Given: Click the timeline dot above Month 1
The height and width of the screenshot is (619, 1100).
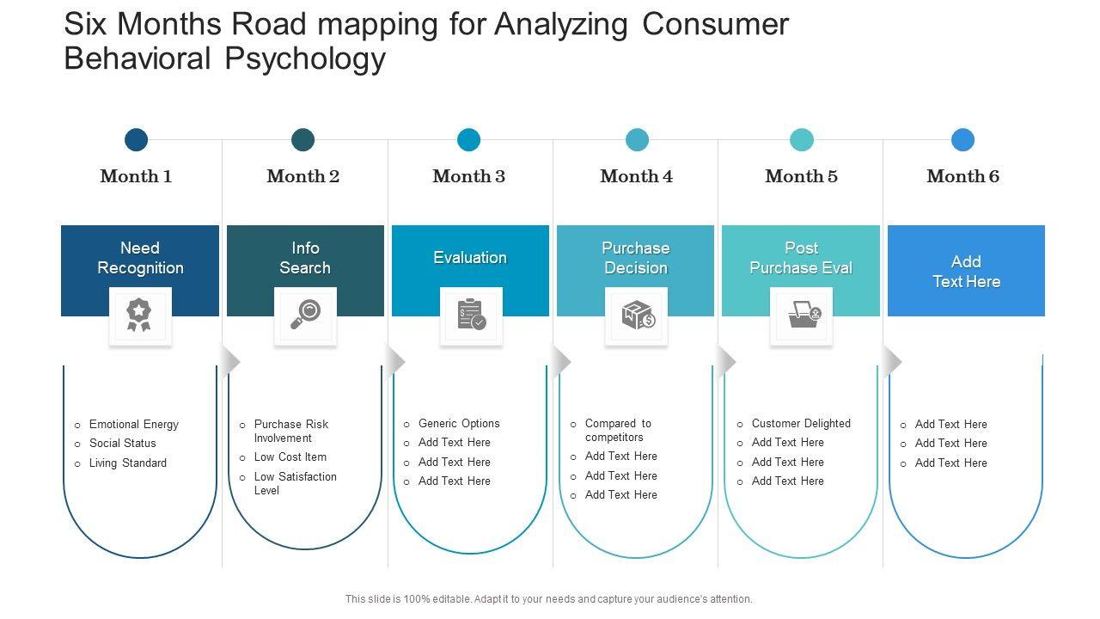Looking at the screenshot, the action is point(136,139).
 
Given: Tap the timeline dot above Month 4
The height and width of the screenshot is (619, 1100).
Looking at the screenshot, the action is point(637,139).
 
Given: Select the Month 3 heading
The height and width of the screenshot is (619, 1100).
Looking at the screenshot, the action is point(468,176).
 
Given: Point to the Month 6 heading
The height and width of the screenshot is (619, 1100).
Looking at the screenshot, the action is point(962,176).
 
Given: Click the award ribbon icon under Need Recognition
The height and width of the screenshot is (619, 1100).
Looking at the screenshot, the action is point(139,315).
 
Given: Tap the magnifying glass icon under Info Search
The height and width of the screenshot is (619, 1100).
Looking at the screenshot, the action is point(305,314).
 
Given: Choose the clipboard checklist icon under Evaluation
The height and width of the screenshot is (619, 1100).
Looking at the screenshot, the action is point(472,314).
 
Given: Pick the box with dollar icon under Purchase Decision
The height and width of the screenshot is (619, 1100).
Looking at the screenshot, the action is point(638,315).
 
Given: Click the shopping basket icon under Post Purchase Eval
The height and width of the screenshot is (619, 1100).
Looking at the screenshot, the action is point(804,315).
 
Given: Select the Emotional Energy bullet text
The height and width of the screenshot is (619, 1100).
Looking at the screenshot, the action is point(133,424).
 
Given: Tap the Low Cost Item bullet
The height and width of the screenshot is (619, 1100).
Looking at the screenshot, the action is point(290,457).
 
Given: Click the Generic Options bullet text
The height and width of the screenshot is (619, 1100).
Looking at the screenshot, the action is point(459,424).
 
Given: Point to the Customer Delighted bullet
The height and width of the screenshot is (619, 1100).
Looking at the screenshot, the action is point(801,424).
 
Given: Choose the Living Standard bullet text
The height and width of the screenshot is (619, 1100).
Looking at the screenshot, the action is point(128,463).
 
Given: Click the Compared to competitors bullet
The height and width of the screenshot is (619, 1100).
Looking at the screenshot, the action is point(618,430).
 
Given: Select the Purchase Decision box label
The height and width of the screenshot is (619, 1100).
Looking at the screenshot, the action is point(635,258).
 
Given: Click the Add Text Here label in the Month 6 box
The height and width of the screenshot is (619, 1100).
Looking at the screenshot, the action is point(966,272).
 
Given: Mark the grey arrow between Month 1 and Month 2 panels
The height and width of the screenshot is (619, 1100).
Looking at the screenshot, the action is point(231,362).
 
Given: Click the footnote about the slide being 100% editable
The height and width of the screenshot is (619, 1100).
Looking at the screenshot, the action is point(548,599).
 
